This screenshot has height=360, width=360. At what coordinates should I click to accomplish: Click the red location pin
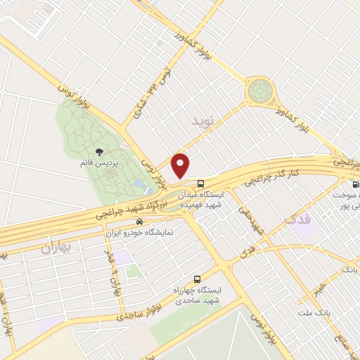click(181, 165)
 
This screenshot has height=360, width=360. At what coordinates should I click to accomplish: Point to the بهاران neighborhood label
click(57, 247)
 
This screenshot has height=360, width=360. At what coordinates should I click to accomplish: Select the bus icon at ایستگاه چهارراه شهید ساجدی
click(197, 278)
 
